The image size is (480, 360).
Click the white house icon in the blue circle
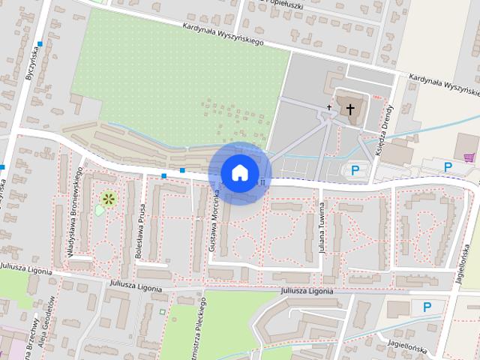tap(239, 172)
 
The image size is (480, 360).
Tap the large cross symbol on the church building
tap(349, 109)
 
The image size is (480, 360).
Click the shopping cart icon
tap(469, 157)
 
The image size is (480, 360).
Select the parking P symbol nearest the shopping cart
tap(448, 166)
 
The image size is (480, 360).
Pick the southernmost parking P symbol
tap(427, 306)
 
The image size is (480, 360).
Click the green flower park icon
tap(109, 198)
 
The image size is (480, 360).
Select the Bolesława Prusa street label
tap(139, 233)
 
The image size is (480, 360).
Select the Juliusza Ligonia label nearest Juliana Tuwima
tap(306, 290)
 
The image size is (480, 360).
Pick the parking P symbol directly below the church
tap(355, 170)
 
